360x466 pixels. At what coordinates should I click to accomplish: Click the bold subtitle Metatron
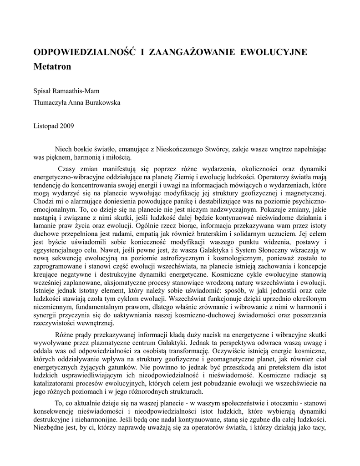[52, 66]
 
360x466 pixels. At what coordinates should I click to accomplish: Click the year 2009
[67, 125]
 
